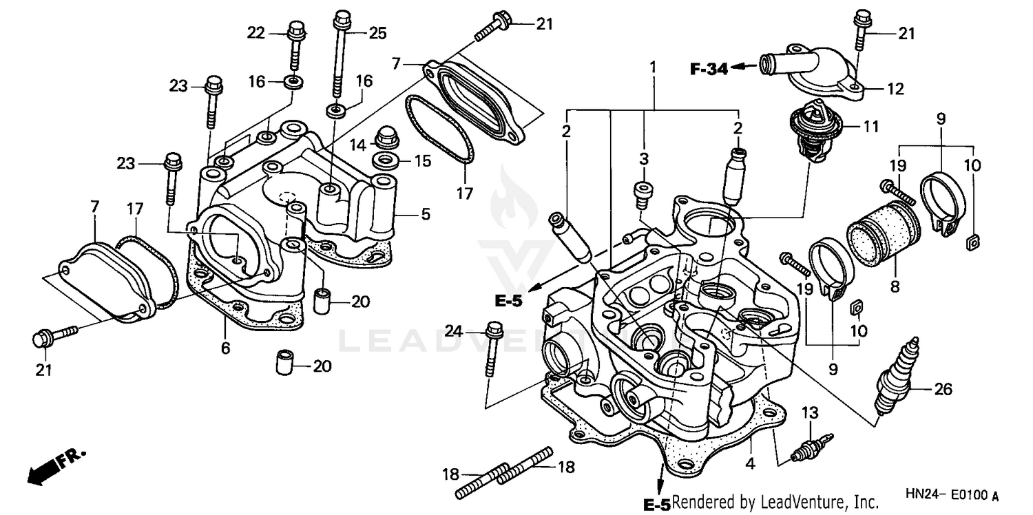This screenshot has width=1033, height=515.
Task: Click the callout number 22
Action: pos(256,32)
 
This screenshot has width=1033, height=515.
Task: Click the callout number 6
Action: pos(225,348)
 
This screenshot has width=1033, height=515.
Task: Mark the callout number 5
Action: pos(425,215)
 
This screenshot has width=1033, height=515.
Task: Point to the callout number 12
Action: pos(895,89)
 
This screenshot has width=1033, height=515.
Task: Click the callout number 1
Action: pos(652,67)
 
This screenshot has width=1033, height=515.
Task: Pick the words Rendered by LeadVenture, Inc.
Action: pos(774,502)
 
